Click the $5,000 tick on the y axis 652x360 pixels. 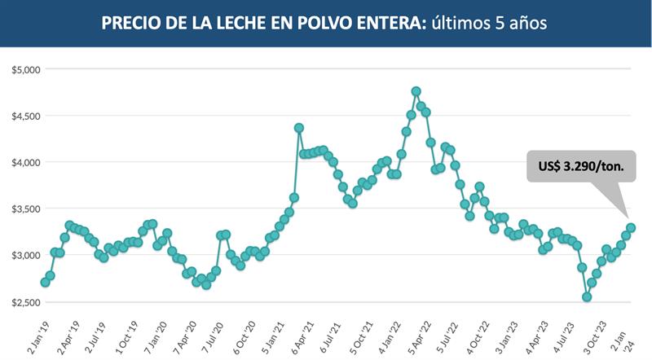tap(26, 69)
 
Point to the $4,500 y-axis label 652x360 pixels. tap(26, 116)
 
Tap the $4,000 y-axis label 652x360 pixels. tap(26, 162)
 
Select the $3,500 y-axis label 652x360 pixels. tap(26, 209)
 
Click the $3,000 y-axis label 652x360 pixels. tap(26, 255)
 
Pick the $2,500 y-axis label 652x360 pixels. tap(26, 301)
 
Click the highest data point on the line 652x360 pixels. tap(416, 91)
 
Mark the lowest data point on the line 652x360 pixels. tap(587, 296)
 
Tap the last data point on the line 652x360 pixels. tap(631, 227)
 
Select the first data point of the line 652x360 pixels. tap(45, 282)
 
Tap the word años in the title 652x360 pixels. tap(526, 22)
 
